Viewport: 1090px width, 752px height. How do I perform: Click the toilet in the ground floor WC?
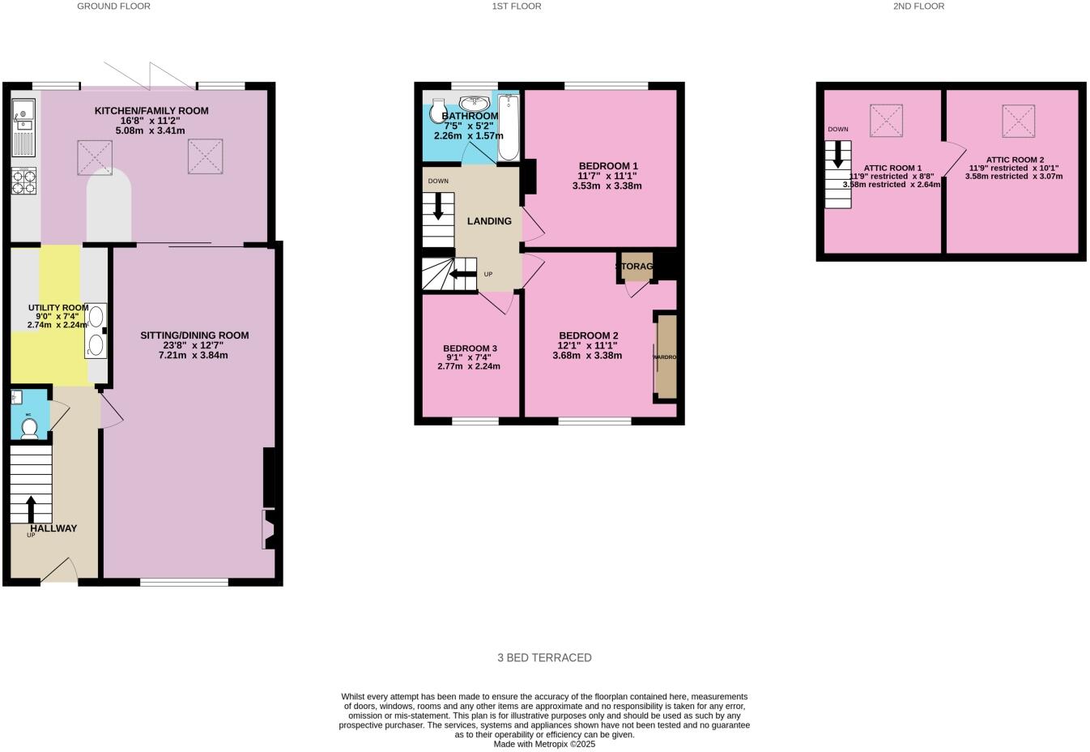(x=29, y=428)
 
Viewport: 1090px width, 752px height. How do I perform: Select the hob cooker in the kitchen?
(x=23, y=181)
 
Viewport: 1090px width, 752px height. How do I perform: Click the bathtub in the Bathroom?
(x=508, y=127)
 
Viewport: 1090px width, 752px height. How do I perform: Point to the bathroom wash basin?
(x=473, y=103)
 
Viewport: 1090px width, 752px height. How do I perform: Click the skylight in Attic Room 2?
(x=1017, y=121)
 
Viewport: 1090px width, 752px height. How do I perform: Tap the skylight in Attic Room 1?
(x=886, y=121)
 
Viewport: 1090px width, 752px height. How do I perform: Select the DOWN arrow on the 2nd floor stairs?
(x=837, y=154)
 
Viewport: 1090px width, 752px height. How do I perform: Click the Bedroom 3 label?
(x=470, y=348)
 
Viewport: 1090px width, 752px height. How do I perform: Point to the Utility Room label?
(x=57, y=308)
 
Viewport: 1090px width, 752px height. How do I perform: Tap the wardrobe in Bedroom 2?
(x=666, y=357)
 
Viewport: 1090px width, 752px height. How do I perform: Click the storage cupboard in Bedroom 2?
(x=637, y=267)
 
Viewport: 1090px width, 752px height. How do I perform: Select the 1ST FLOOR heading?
(x=516, y=6)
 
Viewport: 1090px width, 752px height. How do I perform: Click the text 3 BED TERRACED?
(x=544, y=658)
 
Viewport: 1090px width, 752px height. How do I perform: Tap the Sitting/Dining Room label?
(x=194, y=335)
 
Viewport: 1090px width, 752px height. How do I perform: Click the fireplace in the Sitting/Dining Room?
(x=268, y=529)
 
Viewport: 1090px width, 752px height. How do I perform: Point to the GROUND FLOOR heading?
(x=113, y=6)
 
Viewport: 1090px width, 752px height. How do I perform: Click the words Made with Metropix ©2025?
(x=544, y=744)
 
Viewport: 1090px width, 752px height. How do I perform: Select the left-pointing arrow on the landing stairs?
(x=463, y=274)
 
